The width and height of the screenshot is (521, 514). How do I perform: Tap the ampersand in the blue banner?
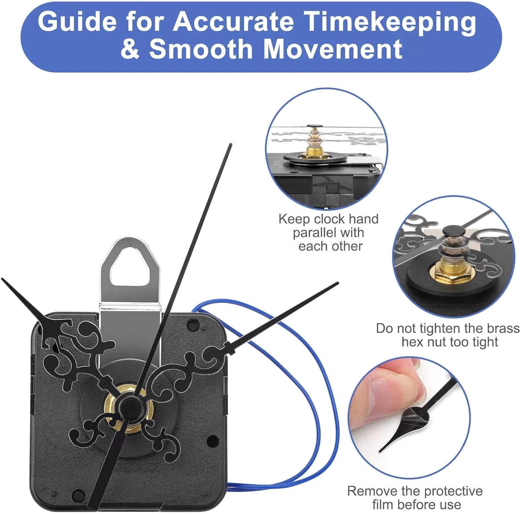coord(130,49)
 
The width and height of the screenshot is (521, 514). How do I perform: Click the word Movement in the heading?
coord(333,49)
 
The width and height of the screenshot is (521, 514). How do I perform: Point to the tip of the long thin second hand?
coord(230,145)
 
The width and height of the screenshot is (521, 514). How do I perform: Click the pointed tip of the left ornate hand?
coord(3,279)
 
